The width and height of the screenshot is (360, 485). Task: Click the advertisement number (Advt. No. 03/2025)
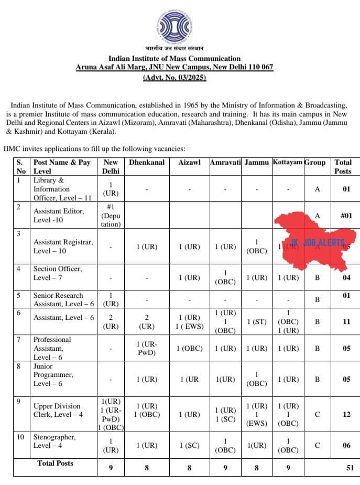[174, 78]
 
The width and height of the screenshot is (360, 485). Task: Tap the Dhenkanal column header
[147, 163]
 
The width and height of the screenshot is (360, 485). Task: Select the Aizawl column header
[189, 163]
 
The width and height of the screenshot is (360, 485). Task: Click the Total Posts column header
[343, 167]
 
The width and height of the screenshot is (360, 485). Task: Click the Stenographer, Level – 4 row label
[54, 441]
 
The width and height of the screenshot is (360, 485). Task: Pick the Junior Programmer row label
[53, 375]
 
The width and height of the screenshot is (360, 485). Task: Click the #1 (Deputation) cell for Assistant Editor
[111, 215]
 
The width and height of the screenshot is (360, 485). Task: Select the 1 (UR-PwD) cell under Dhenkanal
[147, 348]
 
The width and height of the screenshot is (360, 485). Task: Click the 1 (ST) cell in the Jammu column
[256, 321]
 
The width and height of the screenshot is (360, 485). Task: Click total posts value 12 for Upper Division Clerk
[346, 414]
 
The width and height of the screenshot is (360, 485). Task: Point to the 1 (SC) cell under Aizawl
[189, 445]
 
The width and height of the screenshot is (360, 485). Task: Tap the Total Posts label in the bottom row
[55, 463]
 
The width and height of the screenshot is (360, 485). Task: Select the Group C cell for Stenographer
[317, 445]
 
